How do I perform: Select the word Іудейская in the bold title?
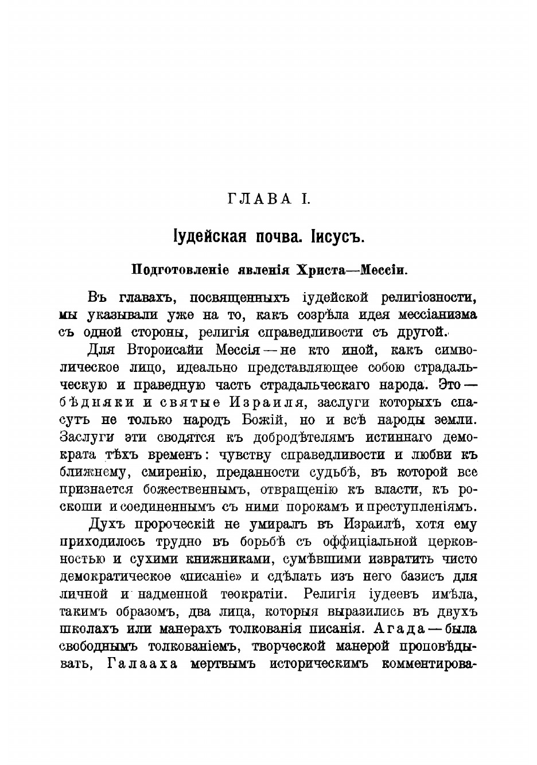(209, 236)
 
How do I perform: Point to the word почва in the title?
(278, 236)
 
